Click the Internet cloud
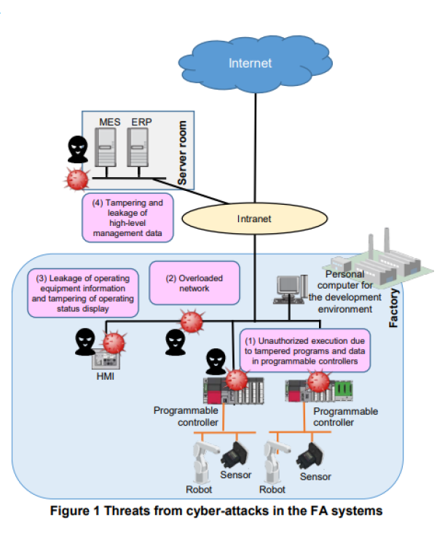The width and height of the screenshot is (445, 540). (250, 61)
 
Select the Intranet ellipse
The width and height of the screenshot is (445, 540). (253, 218)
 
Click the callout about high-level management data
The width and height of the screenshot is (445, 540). (127, 216)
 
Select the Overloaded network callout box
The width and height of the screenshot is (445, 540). (194, 283)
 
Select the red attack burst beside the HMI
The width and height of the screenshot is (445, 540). (114, 343)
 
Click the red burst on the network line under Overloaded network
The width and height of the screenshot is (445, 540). (191, 321)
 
